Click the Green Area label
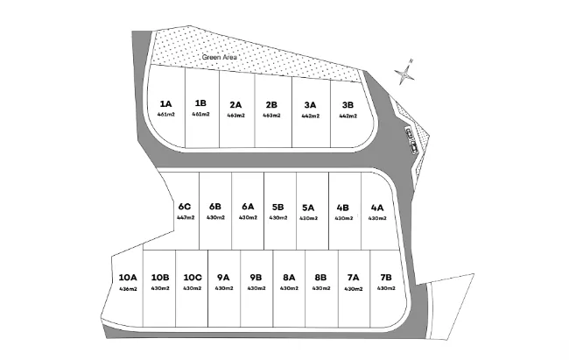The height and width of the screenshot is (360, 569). [x=220, y=58]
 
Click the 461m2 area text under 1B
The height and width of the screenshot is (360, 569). [x=200, y=114]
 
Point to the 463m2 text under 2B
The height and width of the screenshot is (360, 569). [x=271, y=115]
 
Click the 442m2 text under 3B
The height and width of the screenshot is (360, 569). [x=348, y=115]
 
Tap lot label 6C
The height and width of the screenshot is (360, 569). [x=185, y=208]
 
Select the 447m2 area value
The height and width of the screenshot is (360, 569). [x=185, y=217]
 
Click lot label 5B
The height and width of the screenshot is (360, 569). [x=277, y=208]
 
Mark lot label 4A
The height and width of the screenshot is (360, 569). [x=376, y=208]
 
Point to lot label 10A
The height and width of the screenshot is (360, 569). [x=129, y=279]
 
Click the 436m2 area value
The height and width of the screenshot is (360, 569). [x=129, y=288]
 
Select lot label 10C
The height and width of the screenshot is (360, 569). [x=193, y=279]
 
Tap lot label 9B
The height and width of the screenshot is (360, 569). [x=256, y=279]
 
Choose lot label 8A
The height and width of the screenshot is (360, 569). [x=289, y=279]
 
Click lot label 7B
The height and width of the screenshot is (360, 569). [x=385, y=279]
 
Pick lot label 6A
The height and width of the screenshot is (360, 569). [x=248, y=208]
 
